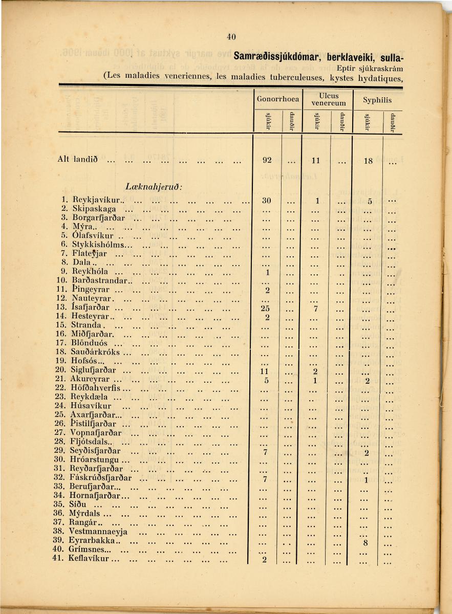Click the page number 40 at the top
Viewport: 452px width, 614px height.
231,36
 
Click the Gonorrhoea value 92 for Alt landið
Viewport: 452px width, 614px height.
267,160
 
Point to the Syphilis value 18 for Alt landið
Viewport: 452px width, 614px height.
368,161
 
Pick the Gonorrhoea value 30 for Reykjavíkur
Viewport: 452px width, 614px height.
266,200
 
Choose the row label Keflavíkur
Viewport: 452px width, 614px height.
90,559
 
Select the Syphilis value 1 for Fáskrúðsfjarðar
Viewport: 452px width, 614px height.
367,480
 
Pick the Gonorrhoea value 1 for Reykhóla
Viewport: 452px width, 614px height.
267,272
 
